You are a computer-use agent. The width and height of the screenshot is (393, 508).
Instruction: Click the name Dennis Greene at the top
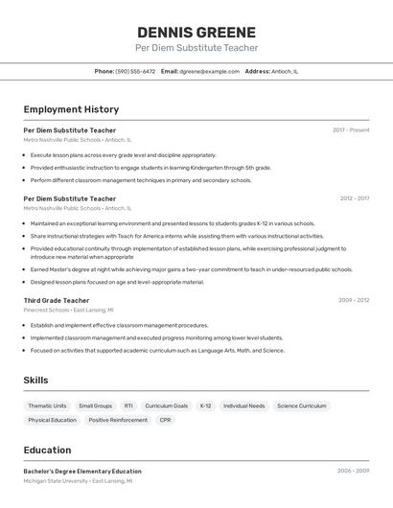[196, 32]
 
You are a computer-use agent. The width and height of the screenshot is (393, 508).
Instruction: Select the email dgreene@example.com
[210, 71]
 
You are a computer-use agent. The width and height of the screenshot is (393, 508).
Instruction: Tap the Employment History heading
[71, 109]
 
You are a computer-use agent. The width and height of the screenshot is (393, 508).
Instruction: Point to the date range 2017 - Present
[351, 129]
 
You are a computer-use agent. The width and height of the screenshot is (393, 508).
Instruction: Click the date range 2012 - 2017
[354, 198]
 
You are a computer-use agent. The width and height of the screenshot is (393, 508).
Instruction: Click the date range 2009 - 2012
[354, 300]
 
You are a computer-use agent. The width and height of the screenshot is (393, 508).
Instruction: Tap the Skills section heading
[35, 381]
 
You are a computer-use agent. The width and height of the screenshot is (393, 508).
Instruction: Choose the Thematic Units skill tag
[47, 405]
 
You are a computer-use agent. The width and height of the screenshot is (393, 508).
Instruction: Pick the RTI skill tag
[128, 405]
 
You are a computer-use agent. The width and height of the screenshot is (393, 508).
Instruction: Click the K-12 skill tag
[206, 405]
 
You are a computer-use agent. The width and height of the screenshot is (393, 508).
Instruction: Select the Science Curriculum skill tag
[301, 405]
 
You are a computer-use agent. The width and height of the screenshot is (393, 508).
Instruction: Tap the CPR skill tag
[166, 420]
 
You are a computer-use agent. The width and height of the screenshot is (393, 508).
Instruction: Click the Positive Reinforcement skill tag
[118, 420]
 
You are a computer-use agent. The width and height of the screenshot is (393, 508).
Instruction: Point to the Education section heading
[47, 450]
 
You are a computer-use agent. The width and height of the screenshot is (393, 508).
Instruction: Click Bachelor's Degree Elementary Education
[82, 471]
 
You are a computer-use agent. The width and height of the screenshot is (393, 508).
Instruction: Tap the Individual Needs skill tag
[243, 405]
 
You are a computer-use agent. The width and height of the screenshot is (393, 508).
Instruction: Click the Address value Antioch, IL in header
[285, 71]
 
